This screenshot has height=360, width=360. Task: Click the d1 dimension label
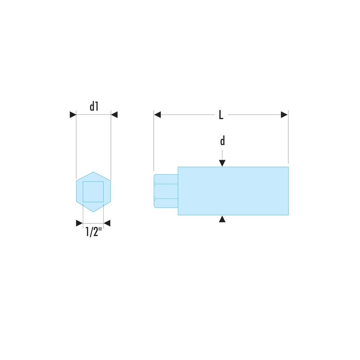click(94, 107)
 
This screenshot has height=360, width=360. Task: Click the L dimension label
click(221, 115)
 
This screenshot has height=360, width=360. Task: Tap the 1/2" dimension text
click(94, 231)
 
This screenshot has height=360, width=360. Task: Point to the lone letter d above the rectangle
click(222, 141)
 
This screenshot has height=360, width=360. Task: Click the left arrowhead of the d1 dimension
click(73, 114)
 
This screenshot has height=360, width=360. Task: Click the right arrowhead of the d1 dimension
click(114, 114)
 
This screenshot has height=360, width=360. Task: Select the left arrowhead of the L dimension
click(157, 114)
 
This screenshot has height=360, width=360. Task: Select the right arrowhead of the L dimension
click(284, 114)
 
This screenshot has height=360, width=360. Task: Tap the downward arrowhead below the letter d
click(222, 163)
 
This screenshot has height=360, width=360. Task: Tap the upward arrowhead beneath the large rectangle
click(222, 219)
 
